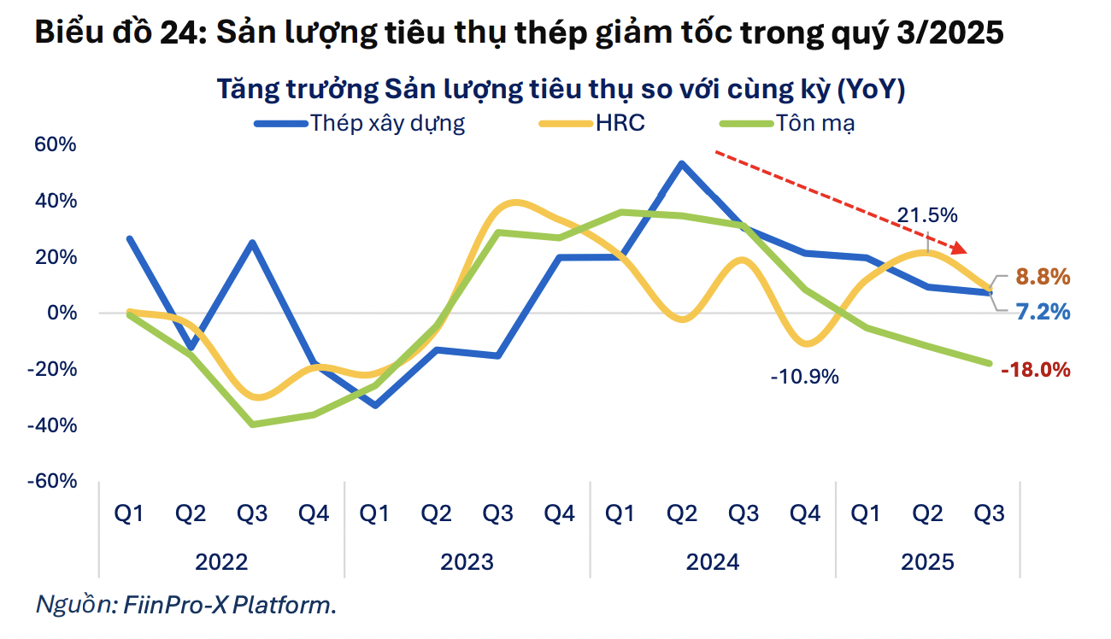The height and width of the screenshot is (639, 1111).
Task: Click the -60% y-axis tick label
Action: [53, 481]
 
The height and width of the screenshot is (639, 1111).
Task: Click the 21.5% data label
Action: [926, 214]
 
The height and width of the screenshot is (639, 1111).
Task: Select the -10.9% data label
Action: [804, 376]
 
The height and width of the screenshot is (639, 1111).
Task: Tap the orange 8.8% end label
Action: [1043, 277]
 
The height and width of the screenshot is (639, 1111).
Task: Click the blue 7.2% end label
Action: [1043, 312]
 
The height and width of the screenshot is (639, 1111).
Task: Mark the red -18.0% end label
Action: [1036, 370]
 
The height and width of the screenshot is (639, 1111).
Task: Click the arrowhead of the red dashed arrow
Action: [961, 249]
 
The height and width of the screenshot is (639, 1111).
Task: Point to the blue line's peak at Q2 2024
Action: [681, 163]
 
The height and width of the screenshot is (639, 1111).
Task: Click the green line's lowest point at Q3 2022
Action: [252, 424]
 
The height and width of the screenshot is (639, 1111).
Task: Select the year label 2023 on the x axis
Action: [467, 562]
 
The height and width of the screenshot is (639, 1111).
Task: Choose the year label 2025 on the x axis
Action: [927, 562]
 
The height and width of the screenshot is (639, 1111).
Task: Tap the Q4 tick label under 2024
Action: [804, 514]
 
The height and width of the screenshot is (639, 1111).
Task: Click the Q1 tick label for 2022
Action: [129, 514]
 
